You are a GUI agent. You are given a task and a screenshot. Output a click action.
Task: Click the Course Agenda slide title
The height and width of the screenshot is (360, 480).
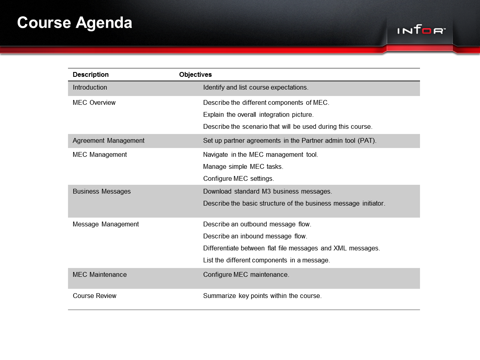tap(75, 23)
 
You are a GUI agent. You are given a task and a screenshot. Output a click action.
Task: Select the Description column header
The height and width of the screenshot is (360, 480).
tap(91, 75)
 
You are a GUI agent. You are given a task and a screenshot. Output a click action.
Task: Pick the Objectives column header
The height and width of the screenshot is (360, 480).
tap(196, 75)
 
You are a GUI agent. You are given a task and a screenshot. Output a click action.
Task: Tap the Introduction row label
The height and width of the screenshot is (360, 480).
tap(90, 88)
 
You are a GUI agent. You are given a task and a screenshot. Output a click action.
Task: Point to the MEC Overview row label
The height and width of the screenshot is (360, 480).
tap(94, 103)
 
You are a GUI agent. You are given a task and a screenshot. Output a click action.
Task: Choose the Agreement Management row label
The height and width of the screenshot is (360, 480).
tap(108, 141)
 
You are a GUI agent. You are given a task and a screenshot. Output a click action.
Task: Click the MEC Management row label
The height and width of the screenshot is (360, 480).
tap(100, 155)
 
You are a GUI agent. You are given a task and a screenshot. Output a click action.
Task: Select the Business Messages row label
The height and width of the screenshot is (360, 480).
tap(102, 192)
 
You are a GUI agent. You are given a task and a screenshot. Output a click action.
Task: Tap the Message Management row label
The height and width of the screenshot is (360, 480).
tap(106, 224)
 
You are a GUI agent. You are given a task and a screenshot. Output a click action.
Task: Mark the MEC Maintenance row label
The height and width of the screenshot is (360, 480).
tap(100, 275)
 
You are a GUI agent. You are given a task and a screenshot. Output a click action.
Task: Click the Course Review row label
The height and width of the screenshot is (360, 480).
tap(94, 296)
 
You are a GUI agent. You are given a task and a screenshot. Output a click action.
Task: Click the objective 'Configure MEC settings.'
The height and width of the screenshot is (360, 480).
tap(238, 179)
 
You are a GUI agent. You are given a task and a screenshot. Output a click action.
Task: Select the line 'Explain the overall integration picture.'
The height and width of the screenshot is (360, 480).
tap(258, 115)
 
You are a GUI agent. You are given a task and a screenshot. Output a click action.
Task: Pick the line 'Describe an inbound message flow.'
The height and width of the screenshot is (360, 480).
tap(255, 236)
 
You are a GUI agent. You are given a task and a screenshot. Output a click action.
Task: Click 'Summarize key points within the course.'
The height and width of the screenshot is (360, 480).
tap(262, 296)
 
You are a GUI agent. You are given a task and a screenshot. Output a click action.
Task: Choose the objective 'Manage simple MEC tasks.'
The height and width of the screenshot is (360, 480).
tap(243, 167)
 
